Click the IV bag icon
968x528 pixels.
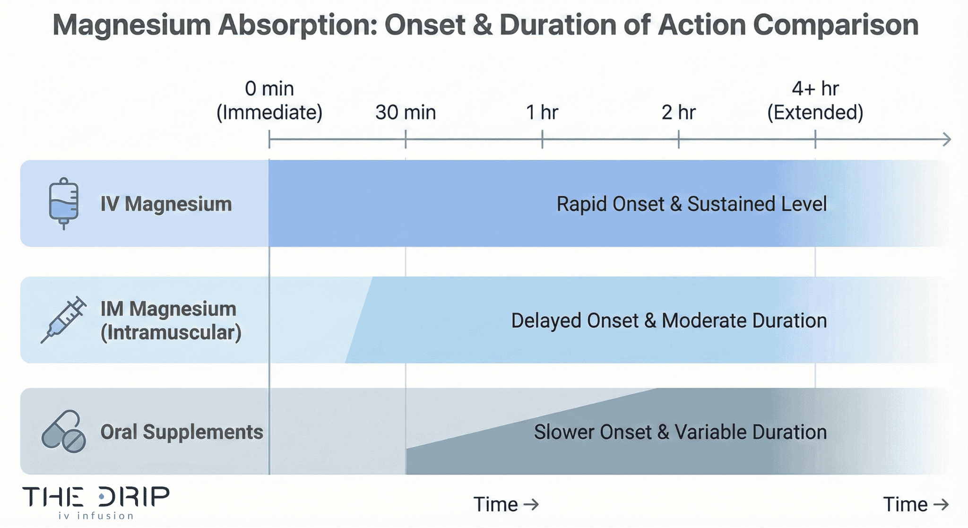tap(64, 204)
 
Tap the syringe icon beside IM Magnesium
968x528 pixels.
tap(64, 320)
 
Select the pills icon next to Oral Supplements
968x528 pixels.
tap(64, 432)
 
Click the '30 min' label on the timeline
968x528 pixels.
tap(406, 113)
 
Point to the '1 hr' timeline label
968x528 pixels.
tap(542, 113)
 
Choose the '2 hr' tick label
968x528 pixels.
tap(678, 113)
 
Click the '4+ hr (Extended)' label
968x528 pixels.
tap(815, 101)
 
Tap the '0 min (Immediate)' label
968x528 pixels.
tap(269, 101)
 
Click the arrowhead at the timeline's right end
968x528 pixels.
tap(946, 139)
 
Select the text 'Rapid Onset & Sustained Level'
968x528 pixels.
tap(691, 204)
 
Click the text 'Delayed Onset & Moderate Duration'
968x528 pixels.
tap(669, 320)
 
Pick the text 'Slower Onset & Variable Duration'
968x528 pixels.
tap(680, 432)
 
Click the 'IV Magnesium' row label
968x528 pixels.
tap(166, 204)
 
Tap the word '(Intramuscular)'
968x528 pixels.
tap(171, 333)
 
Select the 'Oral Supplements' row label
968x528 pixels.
tap(181, 432)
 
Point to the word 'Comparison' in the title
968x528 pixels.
tap(836, 25)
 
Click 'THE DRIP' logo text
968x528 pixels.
tap(96, 497)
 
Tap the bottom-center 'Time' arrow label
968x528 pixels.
tap(505, 504)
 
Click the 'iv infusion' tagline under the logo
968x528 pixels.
tap(96, 516)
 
